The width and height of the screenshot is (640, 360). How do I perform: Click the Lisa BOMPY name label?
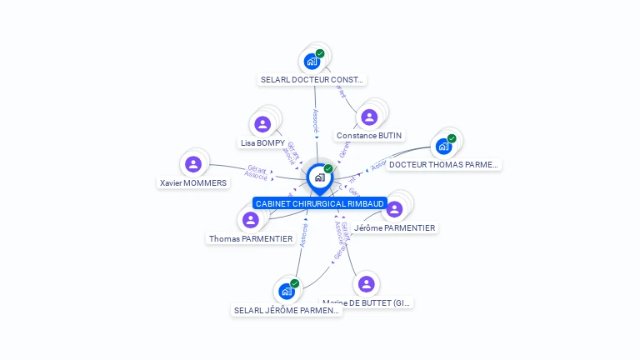[x=262, y=142]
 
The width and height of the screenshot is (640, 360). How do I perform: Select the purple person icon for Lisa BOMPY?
[x=262, y=124]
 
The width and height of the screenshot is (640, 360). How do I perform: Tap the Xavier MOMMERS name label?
[x=193, y=182]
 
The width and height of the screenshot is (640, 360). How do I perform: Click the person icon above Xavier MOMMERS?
[x=193, y=164]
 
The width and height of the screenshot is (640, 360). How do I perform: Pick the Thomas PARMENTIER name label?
[x=251, y=238]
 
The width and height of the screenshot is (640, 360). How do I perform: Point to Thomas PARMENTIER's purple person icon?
[x=250, y=220]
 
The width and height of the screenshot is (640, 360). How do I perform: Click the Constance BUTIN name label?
[x=369, y=135]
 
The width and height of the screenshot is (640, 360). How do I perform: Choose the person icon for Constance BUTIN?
[x=370, y=117]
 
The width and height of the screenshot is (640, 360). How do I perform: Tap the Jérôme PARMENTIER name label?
[x=394, y=227]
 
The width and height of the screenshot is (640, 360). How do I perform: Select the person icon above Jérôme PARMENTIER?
[x=394, y=208]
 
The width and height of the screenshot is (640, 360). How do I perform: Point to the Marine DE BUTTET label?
[x=367, y=303]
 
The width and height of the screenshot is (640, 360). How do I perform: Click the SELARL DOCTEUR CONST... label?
[x=312, y=80]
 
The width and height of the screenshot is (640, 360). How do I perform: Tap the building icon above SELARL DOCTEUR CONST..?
[x=312, y=61]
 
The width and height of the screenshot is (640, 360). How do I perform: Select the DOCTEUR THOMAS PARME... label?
[x=443, y=164]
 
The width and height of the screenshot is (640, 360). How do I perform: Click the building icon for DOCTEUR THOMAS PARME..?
[x=443, y=146]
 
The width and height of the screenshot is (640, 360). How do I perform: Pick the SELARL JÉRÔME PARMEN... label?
[x=287, y=310]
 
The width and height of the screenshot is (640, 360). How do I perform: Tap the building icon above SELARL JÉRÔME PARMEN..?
[x=286, y=291]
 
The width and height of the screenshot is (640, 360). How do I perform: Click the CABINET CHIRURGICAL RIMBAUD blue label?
[x=320, y=203]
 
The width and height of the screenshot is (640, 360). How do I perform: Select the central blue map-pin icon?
[x=319, y=177]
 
